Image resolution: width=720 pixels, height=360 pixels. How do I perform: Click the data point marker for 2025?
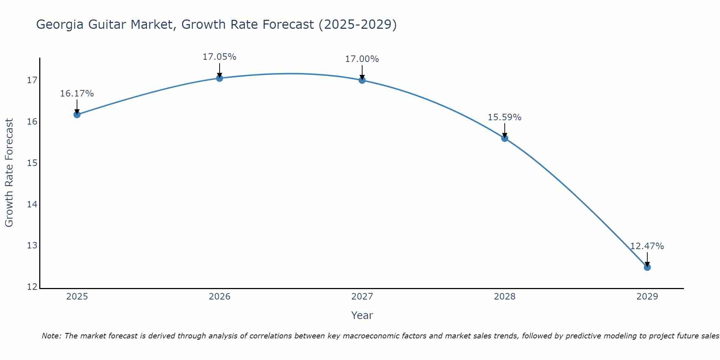(77, 114)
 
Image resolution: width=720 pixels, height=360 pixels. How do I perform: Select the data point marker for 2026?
(219, 78)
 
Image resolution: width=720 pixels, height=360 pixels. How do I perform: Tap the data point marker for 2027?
(362, 80)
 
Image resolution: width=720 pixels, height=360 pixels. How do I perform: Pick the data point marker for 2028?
(504, 138)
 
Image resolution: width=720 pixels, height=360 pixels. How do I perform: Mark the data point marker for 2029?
(647, 267)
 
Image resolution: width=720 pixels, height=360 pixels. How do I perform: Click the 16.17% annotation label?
(77, 94)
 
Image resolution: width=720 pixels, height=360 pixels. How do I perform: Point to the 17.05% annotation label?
(219, 57)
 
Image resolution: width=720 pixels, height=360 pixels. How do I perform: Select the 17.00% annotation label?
(362, 59)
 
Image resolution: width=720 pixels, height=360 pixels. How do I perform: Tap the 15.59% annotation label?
(504, 117)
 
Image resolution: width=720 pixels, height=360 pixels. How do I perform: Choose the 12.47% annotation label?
(647, 246)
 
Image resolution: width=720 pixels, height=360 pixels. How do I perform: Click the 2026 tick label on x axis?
(220, 297)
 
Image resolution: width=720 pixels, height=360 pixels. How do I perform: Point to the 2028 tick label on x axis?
(504, 297)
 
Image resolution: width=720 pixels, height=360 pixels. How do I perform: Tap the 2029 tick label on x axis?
(647, 297)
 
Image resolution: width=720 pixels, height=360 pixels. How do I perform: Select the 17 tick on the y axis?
(32, 80)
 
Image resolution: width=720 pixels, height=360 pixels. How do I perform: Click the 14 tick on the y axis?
(32, 204)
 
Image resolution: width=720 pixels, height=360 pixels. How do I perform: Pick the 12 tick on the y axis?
(32, 287)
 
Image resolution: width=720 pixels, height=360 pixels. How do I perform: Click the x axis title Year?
(362, 315)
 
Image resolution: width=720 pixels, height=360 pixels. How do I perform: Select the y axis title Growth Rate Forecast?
(9, 173)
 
